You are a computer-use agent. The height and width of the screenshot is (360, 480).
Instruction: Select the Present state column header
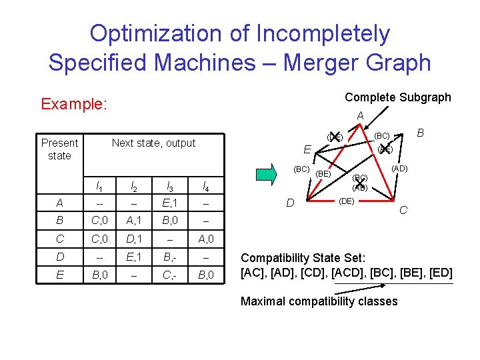tap(59, 149)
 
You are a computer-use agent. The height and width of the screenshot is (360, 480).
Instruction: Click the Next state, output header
tap(153, 143)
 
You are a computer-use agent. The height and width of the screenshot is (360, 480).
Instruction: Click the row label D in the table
tap(59, 255)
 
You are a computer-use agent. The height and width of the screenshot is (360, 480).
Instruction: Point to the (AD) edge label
tap(399, 169)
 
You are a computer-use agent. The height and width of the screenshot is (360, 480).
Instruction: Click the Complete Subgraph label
tap(397, 97)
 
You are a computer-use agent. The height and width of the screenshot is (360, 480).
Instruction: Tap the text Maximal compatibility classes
tap(319, 301)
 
